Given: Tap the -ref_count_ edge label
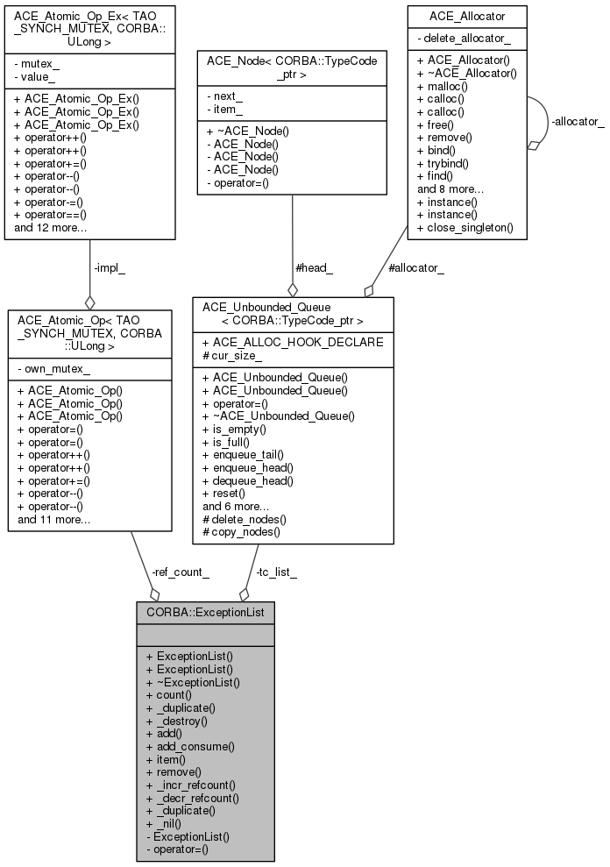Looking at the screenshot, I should [181, 572].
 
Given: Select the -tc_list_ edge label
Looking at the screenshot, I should [276, 572].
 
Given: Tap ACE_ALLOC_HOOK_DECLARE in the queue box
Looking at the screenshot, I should [293, 342].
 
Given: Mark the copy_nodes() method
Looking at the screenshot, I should [241, 532].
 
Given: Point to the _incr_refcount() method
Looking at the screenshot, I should [191, 785].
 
